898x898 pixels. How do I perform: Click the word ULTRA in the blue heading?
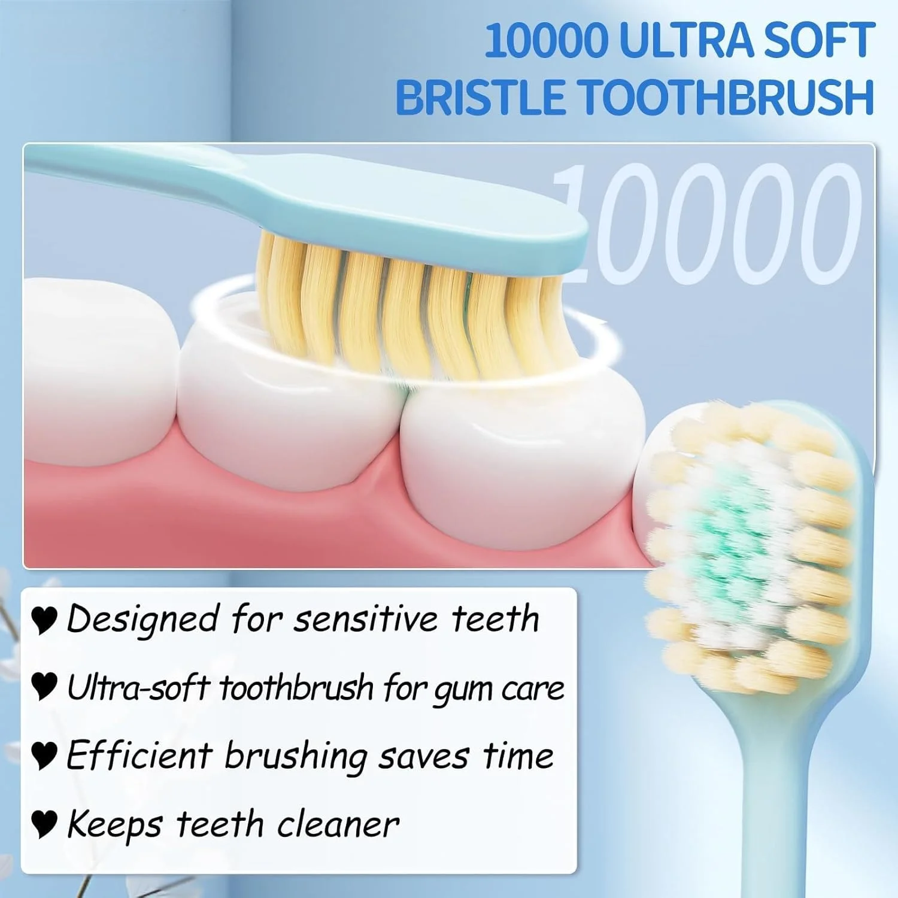coord(678,41)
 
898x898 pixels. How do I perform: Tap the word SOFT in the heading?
coord(812,41)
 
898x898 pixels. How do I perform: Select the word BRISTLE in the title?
coord(480,96)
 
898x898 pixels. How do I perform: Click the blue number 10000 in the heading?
coord(545,41)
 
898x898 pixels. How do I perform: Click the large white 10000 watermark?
coord(709,223)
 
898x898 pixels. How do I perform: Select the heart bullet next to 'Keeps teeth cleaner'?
coord(44,824)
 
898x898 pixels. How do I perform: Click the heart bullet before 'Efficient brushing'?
coord(44,756)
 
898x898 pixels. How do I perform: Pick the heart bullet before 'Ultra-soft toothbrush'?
coord(44,687)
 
